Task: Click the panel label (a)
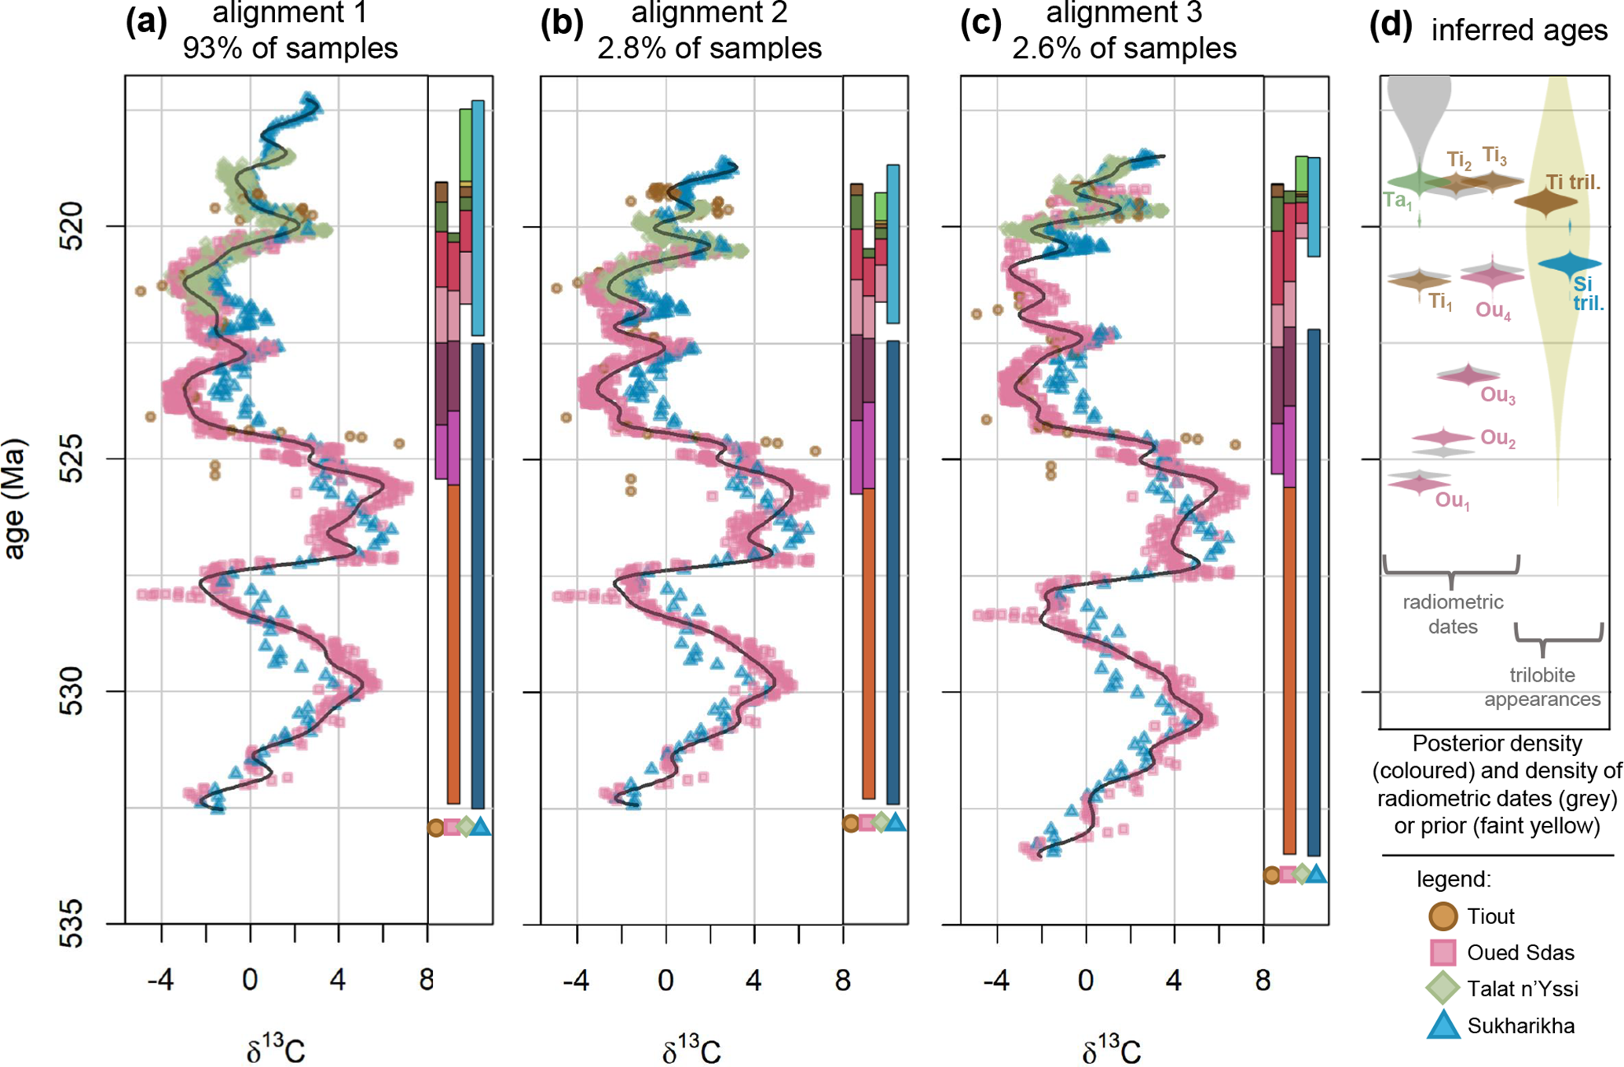tap(146, 24)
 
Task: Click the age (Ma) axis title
tap(16, 499)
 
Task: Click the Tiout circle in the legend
tap(1442, 915)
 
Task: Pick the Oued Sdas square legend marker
tap(1443, 952)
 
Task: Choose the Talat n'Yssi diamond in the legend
tap(1443, 988)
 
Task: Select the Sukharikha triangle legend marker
tap(1443, 1025)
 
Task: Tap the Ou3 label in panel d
tap(1498, 395)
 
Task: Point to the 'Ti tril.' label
tap(1573, 182)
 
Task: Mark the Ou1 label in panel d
tap(1452, 500)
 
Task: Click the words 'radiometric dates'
tap(1453, 614)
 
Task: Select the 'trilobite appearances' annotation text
tap(1542, 687)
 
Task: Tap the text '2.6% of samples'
tap(1124, 49)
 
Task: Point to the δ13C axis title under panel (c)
tap(1110, 1050)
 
